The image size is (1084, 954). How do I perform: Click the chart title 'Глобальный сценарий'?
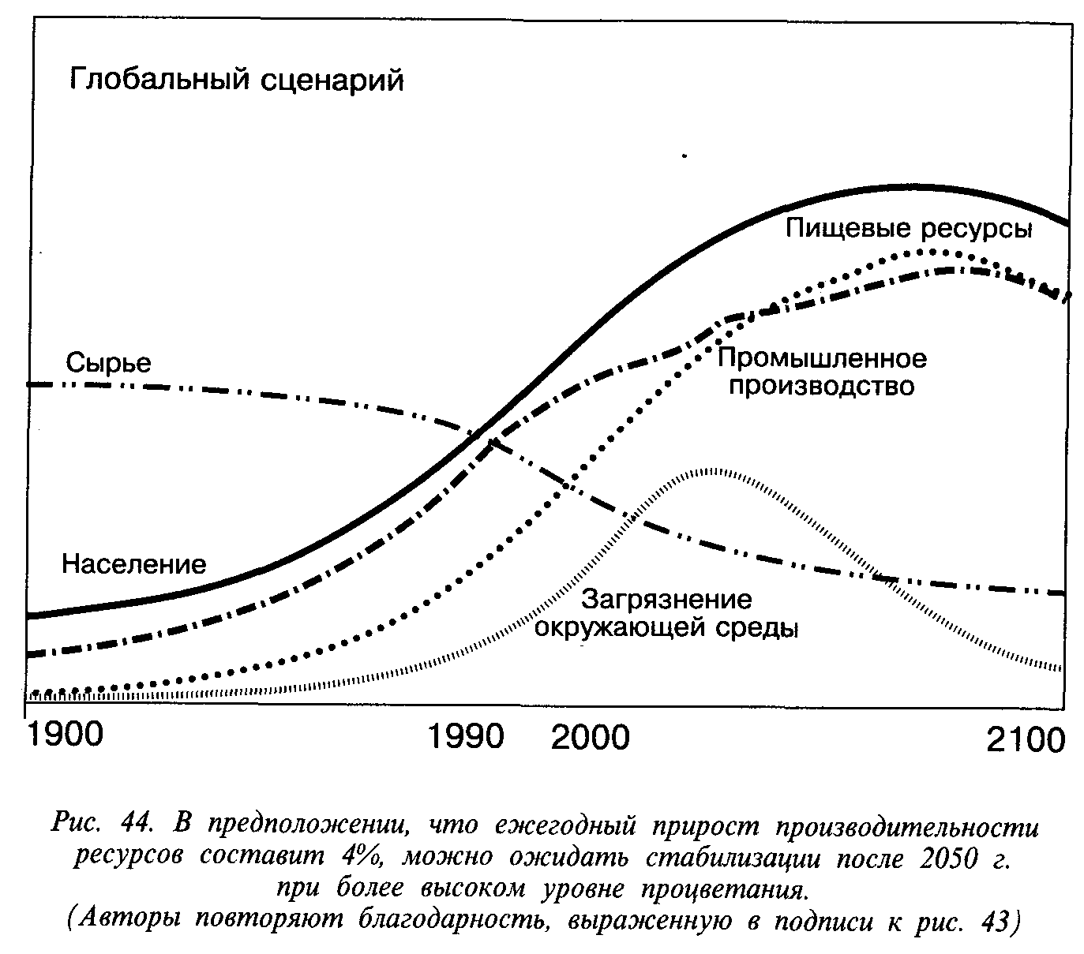click(x=237, y=80)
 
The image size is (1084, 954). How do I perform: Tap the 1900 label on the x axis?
click(x=65, y=735)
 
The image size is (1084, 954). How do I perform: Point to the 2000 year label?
click(x=591, y=737)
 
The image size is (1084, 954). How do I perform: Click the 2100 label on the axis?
click(x=1026, y=740)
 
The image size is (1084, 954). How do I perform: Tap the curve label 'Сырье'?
click(x=108, y=362)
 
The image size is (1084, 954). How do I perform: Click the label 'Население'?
click(x=133, y=563)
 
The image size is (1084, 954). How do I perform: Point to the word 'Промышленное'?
click(x=821, y=359)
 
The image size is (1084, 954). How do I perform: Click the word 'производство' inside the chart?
click(x=821, y=387)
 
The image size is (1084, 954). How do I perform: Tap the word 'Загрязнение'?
click(x=667, y=600)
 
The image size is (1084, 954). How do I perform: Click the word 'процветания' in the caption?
click(x=726, y=889)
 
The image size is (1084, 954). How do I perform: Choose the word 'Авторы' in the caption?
click(x=126, y=920)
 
